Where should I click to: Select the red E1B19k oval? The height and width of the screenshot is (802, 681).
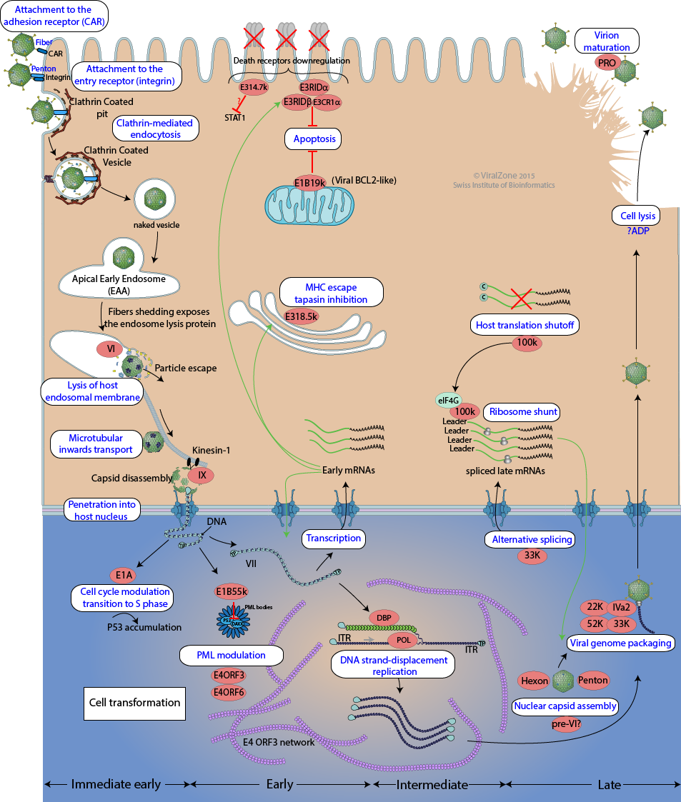[x=312, y=181]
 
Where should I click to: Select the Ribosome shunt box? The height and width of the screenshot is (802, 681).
[x=521, y=412]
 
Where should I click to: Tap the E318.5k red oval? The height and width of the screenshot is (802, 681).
[x=302, y=315]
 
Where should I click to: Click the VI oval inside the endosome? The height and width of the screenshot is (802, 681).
[x=111, y=349]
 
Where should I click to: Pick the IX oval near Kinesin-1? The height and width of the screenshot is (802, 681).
[x=201, y=473]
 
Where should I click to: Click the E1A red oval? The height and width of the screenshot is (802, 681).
[x=121, y=573]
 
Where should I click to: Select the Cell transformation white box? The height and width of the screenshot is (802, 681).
[x=134, y=703]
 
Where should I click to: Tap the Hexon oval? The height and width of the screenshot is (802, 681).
[x=535, y=681]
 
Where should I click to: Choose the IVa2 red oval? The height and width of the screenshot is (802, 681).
[x=620, y=607]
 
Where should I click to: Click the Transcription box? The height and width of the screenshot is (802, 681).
[x=334, y=538]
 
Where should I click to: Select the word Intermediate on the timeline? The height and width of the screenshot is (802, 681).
[x=432, y=784]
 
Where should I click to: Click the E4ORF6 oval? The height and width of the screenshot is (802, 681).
[x=229, y=691]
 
